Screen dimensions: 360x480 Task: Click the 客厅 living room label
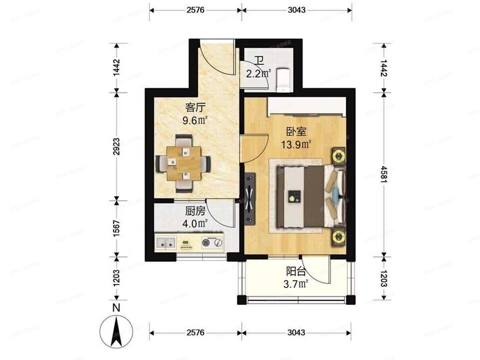pos(196,108)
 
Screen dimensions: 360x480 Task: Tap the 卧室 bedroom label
pos(296,132)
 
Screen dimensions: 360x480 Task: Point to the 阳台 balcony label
pos(296,272)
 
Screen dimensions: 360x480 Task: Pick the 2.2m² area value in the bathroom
pos(258,73)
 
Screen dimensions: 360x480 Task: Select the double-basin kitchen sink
pos(166,243)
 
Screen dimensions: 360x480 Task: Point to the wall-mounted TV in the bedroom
pos(250,199)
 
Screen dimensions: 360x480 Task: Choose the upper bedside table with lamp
pos(339,156)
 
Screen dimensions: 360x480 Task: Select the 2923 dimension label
pos(116,147)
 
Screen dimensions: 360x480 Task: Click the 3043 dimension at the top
pos(296,10)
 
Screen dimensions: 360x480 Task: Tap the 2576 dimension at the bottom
pos(195,333)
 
